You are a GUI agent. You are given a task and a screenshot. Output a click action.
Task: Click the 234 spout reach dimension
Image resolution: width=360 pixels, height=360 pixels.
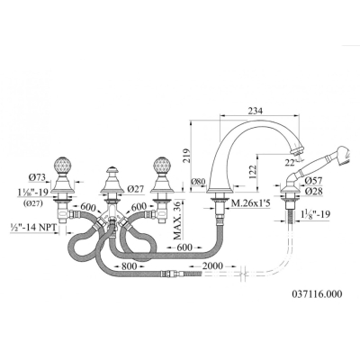256,111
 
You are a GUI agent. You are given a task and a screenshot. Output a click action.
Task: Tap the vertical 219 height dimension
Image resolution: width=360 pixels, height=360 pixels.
186,155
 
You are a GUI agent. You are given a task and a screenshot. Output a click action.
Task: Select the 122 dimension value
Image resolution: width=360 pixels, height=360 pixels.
252,172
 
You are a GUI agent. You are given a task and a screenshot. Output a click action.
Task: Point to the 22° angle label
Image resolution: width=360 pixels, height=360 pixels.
290,162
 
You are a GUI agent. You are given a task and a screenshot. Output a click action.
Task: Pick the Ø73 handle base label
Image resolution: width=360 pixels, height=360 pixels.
37,177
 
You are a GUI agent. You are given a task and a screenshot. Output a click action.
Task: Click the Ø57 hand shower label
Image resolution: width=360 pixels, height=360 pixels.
313,181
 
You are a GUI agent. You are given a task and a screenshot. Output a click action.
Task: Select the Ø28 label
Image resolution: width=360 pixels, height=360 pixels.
313,192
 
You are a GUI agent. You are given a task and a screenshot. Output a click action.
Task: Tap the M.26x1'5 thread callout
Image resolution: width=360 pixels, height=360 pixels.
251,204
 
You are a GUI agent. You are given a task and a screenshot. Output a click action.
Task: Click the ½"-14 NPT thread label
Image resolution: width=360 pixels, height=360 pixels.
33,228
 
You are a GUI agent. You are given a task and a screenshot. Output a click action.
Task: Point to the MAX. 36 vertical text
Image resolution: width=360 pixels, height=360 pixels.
178,220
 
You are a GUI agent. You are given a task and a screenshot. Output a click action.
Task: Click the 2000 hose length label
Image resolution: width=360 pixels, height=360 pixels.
213,266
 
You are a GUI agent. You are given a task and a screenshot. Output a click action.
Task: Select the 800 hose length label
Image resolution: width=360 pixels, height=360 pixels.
129,266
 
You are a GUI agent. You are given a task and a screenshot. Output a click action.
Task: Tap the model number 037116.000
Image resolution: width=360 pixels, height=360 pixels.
317,294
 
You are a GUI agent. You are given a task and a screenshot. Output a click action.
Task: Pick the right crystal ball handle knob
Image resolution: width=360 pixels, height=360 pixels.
162,166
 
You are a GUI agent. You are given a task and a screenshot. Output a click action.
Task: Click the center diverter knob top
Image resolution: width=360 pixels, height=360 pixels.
112,170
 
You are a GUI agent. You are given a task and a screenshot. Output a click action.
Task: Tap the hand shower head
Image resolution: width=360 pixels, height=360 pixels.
342,155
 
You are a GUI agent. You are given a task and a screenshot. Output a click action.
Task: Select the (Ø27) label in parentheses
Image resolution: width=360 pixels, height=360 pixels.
32,202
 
